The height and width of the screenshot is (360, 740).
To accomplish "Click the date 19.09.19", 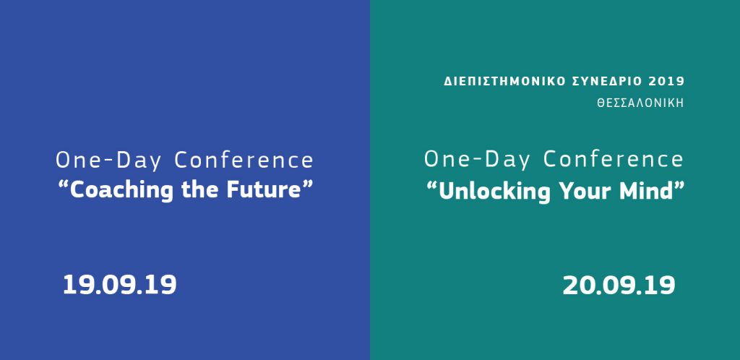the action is (x=120, y=285).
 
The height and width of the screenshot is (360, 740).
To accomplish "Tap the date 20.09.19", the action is (x=619, y=286).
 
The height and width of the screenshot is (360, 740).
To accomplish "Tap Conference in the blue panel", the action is (x=244, y=160).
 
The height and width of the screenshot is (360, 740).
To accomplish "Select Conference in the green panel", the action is (x=614, y=160).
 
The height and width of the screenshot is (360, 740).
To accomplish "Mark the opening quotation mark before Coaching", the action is (x=64, y=184).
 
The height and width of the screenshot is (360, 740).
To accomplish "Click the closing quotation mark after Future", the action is (x=307, y=184).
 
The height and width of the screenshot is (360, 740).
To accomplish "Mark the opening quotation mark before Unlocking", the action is (x=432, y=185).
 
